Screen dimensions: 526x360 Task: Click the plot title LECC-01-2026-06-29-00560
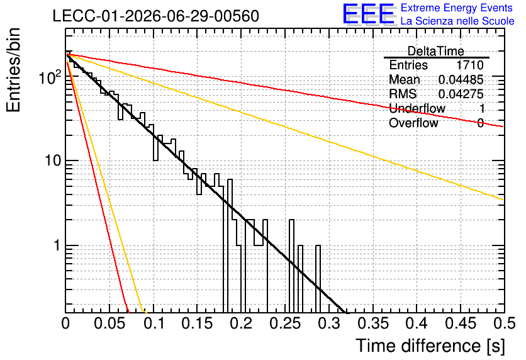pos(156,16)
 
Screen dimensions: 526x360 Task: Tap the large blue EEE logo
pos(369,14)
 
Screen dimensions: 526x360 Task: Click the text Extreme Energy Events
pos(457,8)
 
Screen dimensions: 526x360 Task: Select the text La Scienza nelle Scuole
pos(457,21)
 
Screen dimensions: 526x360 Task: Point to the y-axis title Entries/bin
pos(13,70)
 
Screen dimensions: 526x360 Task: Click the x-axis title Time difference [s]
pos(430,346)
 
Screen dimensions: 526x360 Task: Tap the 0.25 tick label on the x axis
pos(285,323)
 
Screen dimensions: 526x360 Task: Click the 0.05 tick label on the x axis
pos(109,323)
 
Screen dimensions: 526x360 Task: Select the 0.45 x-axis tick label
pos(461,323)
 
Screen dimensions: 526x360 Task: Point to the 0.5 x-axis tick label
pos(504,323)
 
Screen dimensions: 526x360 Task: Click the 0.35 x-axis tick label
pos(373,323)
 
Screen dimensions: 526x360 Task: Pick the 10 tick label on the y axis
pos(53,160)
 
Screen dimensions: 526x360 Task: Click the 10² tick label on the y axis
pos(50,77)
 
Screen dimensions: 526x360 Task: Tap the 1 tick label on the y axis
pos(57,245)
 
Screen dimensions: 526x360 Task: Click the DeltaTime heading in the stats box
pos(436,51)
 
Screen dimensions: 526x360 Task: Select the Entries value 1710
pos(469,65)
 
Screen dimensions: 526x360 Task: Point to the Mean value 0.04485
pos(461,79)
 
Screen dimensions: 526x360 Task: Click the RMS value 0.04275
pos(461,94)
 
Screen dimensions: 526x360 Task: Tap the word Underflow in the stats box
pos(417,108)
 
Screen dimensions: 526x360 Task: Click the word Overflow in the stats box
pos(413,123)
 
